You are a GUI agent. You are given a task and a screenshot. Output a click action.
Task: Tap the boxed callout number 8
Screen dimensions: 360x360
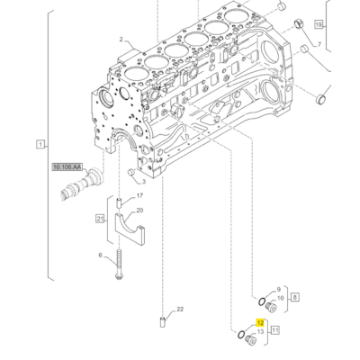[295, 295]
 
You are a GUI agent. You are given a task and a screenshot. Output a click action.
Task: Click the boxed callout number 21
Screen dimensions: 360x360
[101, 219]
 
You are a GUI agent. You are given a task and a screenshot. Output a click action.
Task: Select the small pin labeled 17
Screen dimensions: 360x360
[120, 201]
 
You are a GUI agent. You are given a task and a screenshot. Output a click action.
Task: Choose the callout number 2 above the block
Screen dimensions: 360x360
[120, 40]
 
